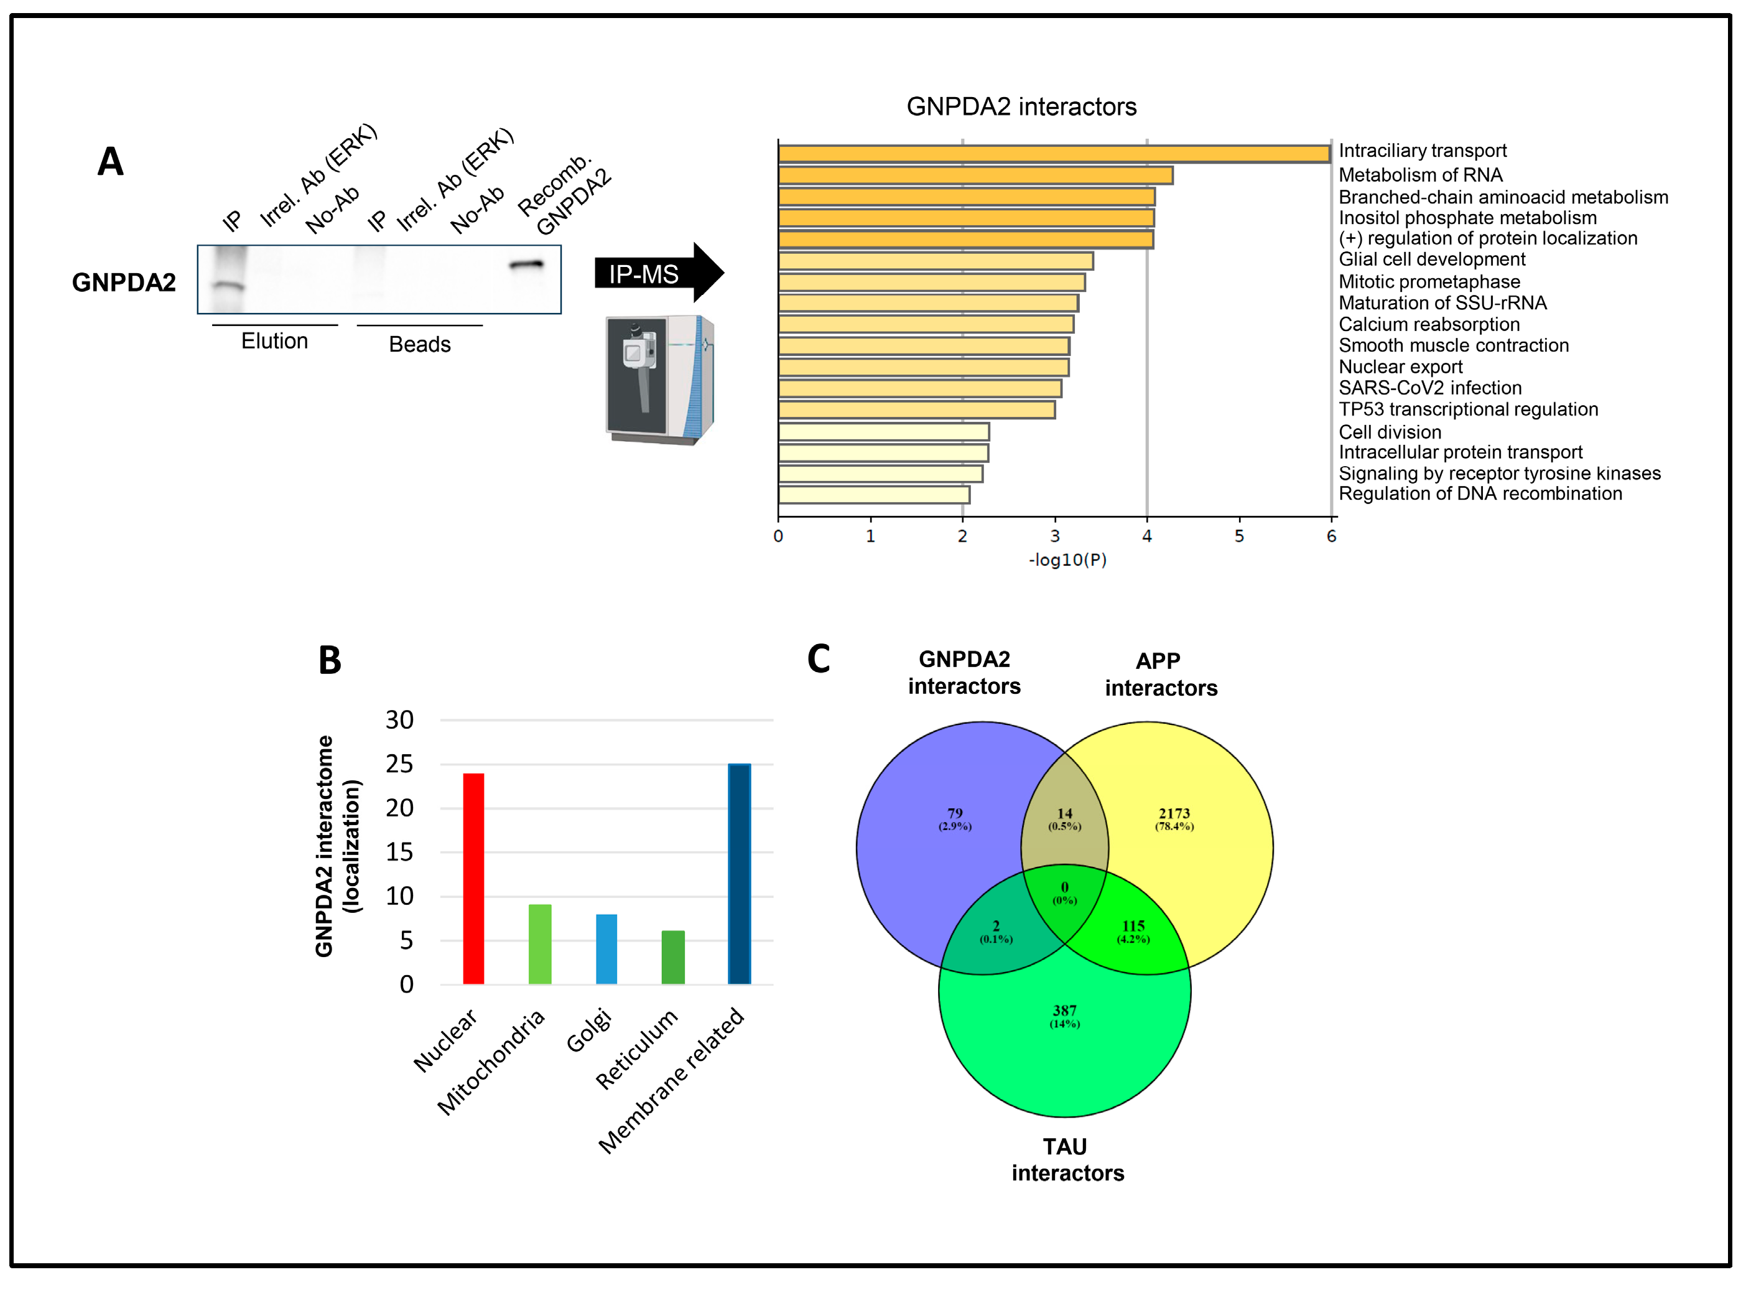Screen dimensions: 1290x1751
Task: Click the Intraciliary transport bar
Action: [1054, 154]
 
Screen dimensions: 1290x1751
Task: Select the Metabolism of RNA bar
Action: [975, 175]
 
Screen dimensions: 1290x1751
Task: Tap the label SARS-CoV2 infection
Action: [1429, 388]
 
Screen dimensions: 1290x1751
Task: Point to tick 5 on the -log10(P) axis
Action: [1239, 536]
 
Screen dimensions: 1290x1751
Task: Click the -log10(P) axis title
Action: [1067, 560]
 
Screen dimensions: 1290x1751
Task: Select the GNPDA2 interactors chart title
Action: [1021, 107]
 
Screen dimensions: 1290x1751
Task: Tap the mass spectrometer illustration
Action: [659, 380]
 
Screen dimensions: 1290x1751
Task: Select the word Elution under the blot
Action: [274, 341]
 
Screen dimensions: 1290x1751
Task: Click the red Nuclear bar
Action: [473, 879]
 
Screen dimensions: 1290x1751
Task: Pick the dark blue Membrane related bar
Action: [738, 874]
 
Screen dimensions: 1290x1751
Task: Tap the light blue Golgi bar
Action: [606, 949]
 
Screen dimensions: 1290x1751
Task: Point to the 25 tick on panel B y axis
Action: [400, 764]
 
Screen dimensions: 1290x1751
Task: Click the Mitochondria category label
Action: [491, 1063]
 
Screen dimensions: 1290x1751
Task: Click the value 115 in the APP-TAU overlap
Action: [1133, 926]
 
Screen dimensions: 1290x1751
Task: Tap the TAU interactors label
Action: [1066, 1159]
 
